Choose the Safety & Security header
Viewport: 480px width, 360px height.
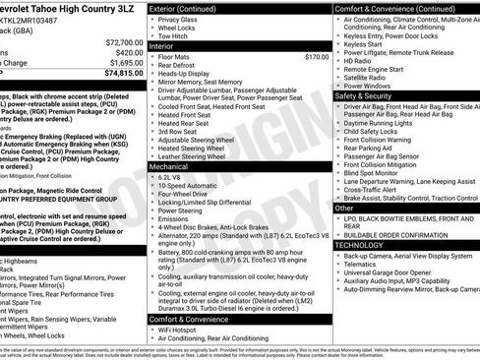(364, 96)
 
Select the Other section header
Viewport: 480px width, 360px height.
(344, 208)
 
